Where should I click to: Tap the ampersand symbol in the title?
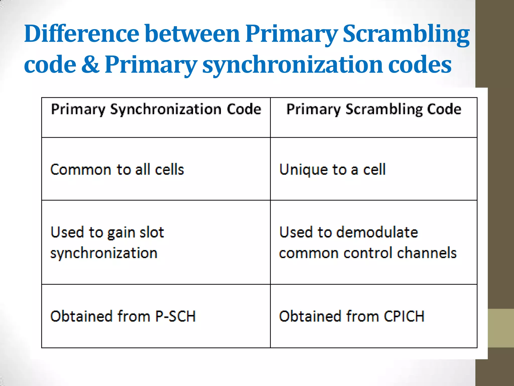[x=90, y=64]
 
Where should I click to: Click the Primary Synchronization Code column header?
[x=156, y=110]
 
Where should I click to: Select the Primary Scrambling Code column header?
[x=374, y=110]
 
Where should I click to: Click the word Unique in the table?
[x=304, y=169]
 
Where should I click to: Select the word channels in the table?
[x=426, y=253]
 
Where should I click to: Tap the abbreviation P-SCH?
[x=175, y=316]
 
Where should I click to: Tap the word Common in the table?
[x=81, y=169]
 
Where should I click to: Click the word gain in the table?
[x=121, y=232]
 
